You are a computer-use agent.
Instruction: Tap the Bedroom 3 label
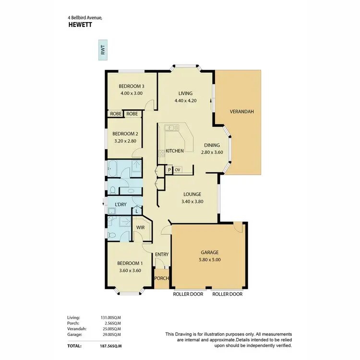(x=132, y=86)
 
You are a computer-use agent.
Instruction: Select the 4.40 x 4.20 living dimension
(x=185, y=101)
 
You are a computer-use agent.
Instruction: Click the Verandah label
(x=241, y=111)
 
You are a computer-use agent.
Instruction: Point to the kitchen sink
(x=170, y=128)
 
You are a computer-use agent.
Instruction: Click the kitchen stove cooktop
(x=162, y=154)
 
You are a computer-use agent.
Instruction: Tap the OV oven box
(x=177, y=170)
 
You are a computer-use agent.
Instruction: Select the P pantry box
(x=169, y=170)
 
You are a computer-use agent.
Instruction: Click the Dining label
(x=212, y=145)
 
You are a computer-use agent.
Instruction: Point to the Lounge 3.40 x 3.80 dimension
(x=193, y=202)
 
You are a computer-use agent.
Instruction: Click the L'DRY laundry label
(x=120, y=204)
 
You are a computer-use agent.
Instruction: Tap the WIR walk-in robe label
(x=141, y=227)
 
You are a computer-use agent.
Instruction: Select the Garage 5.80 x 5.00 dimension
(x=210, y=260)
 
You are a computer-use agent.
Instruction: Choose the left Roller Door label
(x=188, y=294)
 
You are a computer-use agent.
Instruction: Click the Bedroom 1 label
(x=131, y=263)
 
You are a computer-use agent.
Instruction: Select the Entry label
(x=161, y=254)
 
